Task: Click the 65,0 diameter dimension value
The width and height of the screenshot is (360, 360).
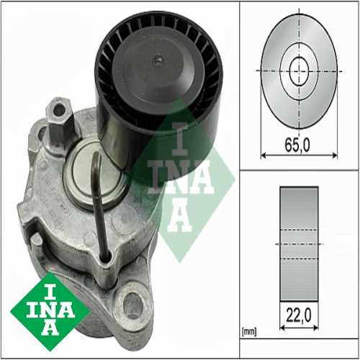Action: [297, 145]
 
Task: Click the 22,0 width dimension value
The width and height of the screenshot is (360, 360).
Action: [299, 315]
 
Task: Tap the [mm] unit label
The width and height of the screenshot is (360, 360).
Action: [249, 332]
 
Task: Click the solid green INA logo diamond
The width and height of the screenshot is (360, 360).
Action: [50, 312]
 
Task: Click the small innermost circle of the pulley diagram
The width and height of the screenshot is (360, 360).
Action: [299, 71]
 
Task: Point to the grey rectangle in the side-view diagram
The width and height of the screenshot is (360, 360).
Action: [299, 243]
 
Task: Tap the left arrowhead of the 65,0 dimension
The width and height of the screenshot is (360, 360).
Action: [263, 156]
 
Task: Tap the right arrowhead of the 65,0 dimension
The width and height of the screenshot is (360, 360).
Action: [335, 156]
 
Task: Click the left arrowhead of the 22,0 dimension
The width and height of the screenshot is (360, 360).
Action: [282, 328]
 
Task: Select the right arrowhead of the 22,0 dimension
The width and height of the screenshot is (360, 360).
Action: [316, 328]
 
